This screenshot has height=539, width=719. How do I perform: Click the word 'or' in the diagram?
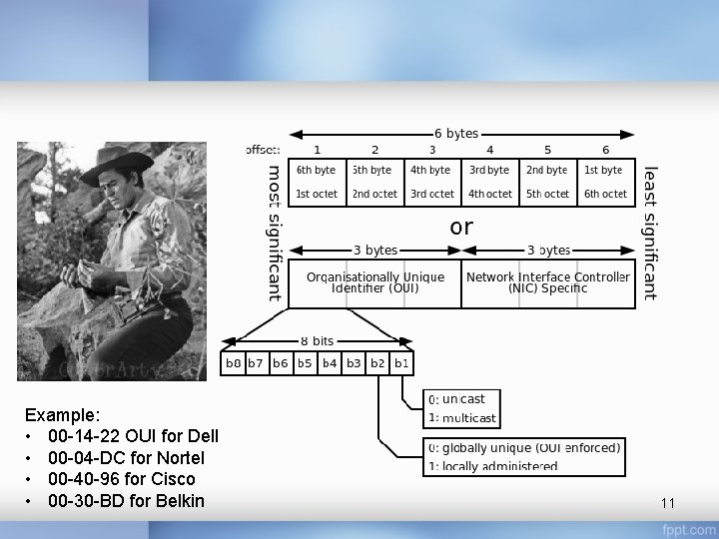[x=461, y=228]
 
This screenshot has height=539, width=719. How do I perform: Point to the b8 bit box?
[x=233, y=363]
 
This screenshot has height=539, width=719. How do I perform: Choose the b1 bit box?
[x=401, y=363]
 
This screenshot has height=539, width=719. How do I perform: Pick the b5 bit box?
[x=305, y=363]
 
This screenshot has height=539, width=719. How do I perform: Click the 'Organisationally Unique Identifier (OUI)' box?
[x=374, y=283]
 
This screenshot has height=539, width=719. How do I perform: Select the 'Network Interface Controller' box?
[x=548, y=283]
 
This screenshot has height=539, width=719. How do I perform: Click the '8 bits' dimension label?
[x=317, y=341]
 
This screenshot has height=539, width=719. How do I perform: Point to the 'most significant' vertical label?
[x=275, y=233]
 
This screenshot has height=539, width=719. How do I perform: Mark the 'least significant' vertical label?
[x=650, y=233]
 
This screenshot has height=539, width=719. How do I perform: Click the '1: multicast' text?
[x=462, y=418]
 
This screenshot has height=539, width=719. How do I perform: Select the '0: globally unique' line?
[x=523, y=448]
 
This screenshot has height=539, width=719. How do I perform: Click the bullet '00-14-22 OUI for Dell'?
[x=133, y=436]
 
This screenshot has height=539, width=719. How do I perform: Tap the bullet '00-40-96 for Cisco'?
[x=121, y=479]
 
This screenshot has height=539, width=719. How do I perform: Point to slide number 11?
[x=668, y=502]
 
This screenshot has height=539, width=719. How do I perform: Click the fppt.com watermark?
[x=693, y=528]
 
